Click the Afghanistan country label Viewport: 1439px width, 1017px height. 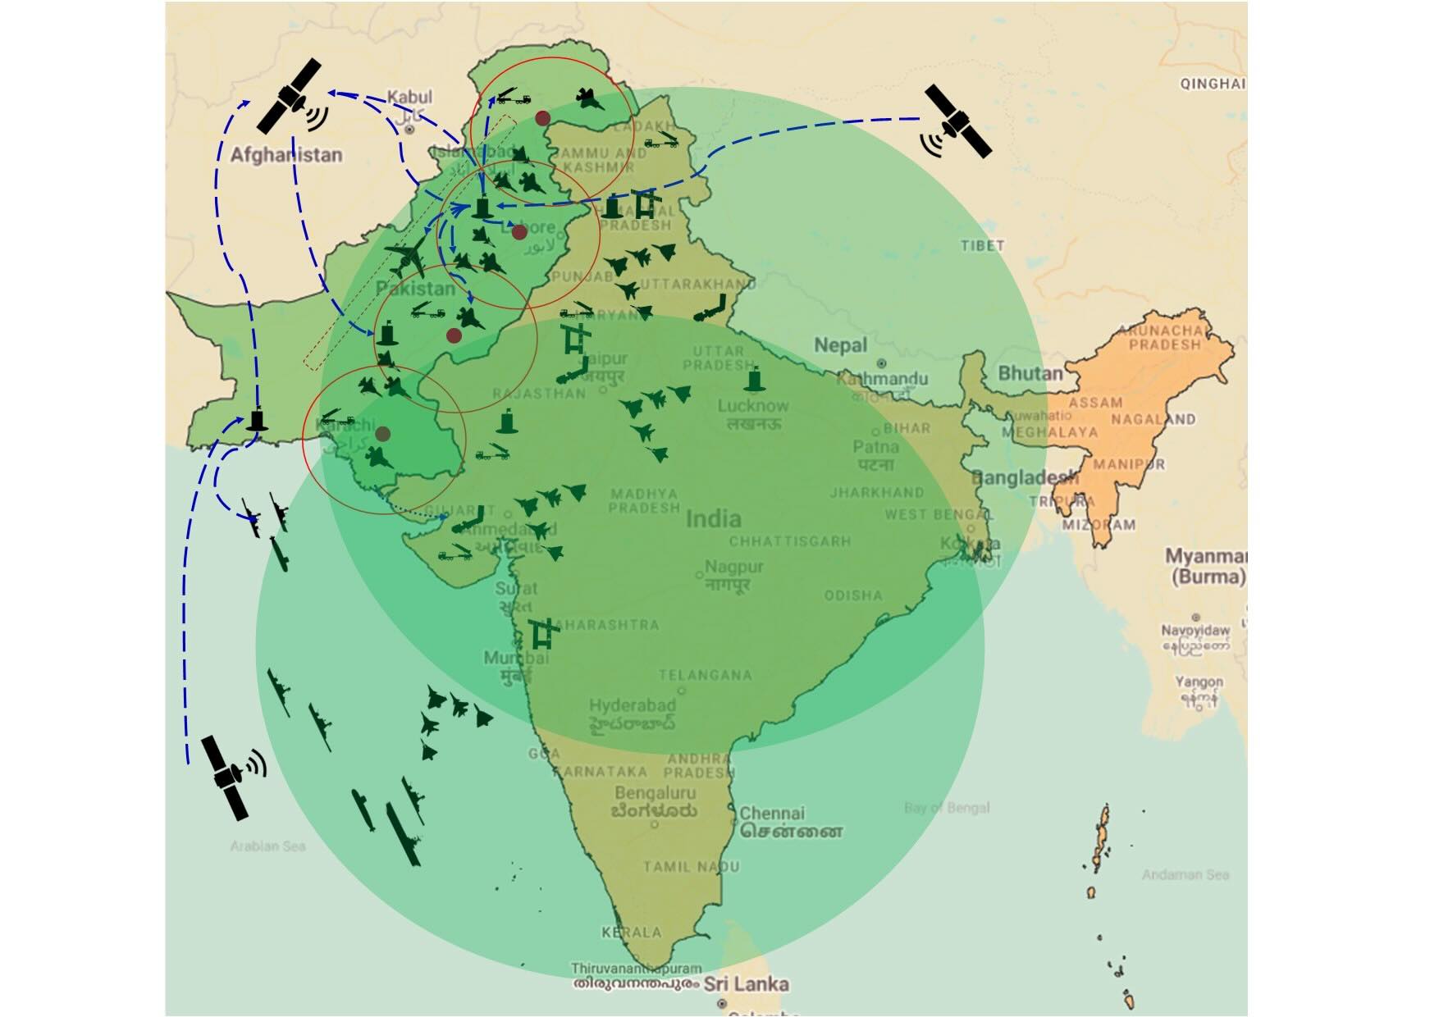click(x=286, y=154)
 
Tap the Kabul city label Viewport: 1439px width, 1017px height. click(x=409, y=98)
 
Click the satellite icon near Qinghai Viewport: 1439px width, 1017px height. click(x=957, y=121)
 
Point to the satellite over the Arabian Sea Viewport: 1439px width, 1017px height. click(x=226, y=776)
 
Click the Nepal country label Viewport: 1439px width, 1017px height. click(x=840, y=345)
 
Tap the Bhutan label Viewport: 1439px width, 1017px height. click(x=1030, y=373)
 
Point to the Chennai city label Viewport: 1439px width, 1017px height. click(x=772, y=814)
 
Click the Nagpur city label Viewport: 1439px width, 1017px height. click(x=734, y=567)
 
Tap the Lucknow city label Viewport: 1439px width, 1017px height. click(x=753, y=405)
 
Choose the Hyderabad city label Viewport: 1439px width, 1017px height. click(x=632, y=705)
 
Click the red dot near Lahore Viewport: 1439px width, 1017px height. click(x=518, y=233)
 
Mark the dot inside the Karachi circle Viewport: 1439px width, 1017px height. click(x=382, y=433)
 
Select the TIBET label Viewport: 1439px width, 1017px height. click(x=982, y=245)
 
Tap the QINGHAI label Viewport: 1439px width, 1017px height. click(x=1213, y=84)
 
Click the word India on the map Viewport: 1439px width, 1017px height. click(x=713, y=518)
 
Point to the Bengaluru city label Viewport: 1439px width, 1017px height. click(x=655, y=793)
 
